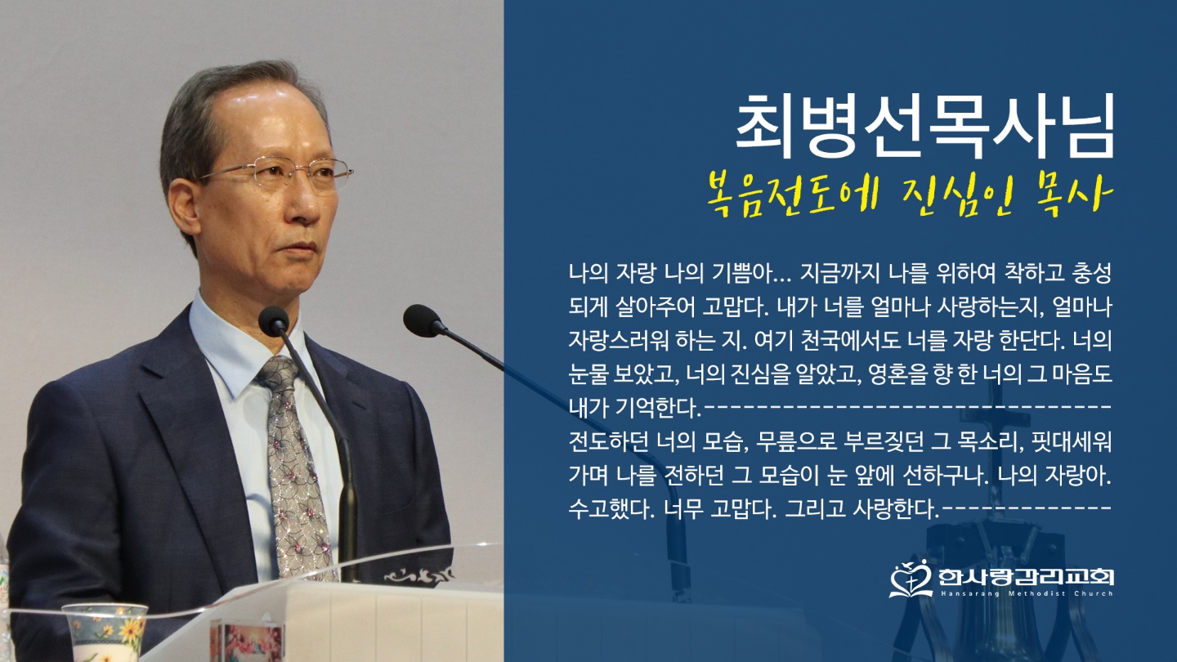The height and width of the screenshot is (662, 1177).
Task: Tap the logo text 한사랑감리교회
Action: click(x=1026, y=577)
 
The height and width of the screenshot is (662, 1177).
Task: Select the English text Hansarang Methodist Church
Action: click(x=1026, y=593)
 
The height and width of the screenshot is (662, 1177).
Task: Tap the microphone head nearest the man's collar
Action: click(x=274, y=320)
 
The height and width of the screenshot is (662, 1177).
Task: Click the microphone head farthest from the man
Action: click(x=423, y=320)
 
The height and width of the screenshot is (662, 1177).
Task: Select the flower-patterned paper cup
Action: click(x=105, y=633)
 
